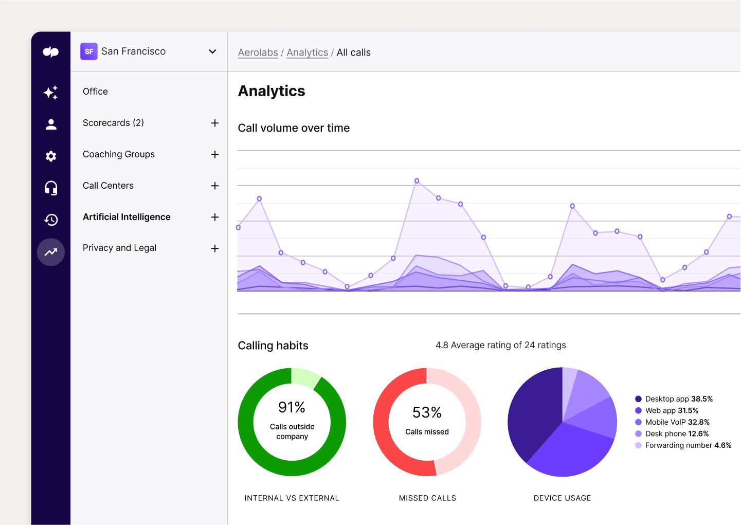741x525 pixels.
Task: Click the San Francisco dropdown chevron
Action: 212,51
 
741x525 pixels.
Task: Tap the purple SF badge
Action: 89,51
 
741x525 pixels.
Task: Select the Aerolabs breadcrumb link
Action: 258,52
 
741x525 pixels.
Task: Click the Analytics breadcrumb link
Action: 307,52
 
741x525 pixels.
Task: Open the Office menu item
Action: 95,92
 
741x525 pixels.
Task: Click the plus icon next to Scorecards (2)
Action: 215,123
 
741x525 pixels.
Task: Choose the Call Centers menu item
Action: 108,186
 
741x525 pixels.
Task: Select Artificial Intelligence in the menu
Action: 126,217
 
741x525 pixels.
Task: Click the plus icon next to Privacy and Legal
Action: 215,248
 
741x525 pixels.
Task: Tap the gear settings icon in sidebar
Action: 51,156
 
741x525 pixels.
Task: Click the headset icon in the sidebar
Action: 51,188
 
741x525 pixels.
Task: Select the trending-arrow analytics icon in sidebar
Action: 51,252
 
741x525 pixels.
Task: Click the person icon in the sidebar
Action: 51,124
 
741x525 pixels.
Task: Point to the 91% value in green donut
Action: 292,407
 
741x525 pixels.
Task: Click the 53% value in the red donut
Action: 427,412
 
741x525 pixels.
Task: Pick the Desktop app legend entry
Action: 674,399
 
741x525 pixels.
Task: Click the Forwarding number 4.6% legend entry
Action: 683,445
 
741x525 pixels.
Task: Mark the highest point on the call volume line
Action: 417,181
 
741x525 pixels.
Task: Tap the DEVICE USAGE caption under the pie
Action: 562,498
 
